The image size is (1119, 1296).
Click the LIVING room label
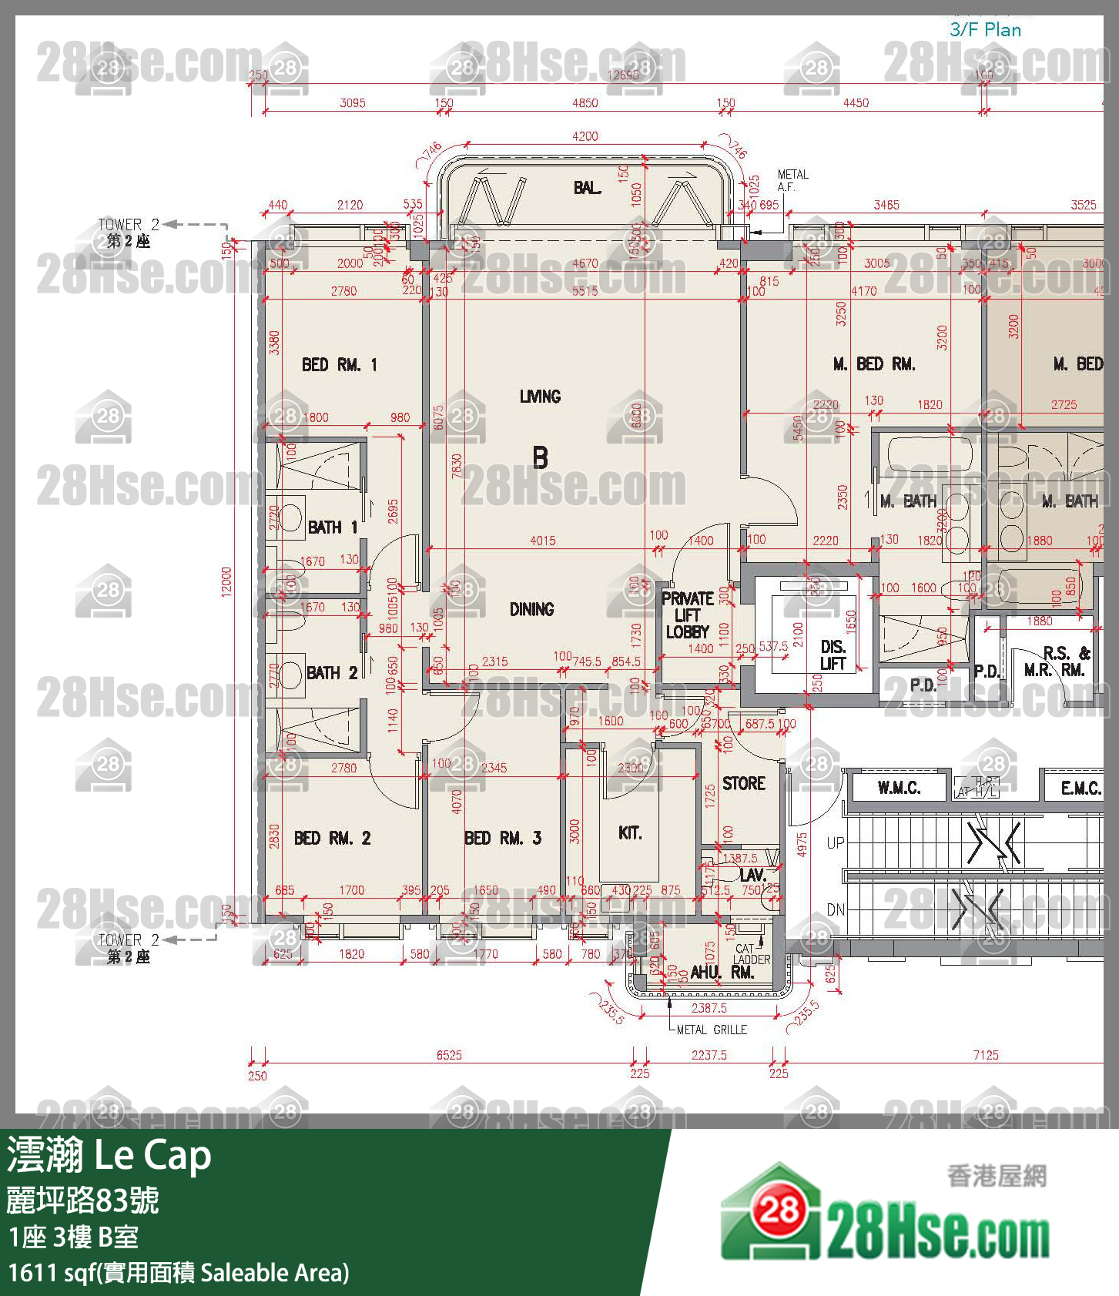[x=540, y=397]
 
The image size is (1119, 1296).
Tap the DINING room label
[x=531, y=609]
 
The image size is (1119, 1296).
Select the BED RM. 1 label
[x=339, y=365]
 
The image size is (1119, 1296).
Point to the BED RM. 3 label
[x=502, y=838]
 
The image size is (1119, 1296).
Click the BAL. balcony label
[x=587, y=188]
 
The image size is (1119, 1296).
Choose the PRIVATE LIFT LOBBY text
[x=687, y=615]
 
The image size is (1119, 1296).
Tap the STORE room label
[x=743, y=783]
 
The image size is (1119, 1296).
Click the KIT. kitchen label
[x=629, y=832]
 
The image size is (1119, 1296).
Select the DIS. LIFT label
[x=833, y=655]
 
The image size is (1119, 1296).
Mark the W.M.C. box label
[x=899, y=788]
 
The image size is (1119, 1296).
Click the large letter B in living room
[x=540, y=458]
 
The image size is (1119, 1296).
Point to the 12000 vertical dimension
[x=226, y=581]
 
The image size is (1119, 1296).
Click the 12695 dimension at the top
[x=622, y=75]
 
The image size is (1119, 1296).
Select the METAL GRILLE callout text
[x=711, y=1030]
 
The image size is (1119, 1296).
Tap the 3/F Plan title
[x=985, y=30]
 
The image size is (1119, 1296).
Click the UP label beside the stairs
[x=835, y=842]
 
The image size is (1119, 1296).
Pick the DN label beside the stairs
[x=835, y=909]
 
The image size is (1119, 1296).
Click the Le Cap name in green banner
[x=152, y=1156]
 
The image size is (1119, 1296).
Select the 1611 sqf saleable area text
[x=178, y=1272]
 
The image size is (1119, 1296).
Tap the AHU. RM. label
[x=722, y=973]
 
